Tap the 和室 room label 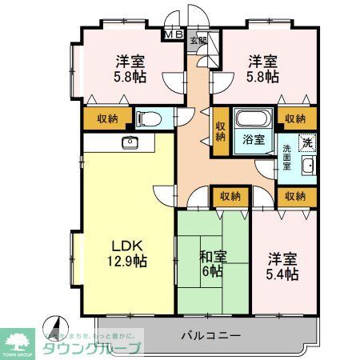(212, 258)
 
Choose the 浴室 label (255, 138)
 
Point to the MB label (173, 35)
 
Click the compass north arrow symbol (54, 327)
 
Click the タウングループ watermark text (93, 348)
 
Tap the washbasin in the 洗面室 (308, 166)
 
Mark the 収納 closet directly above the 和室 (230, 195)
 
